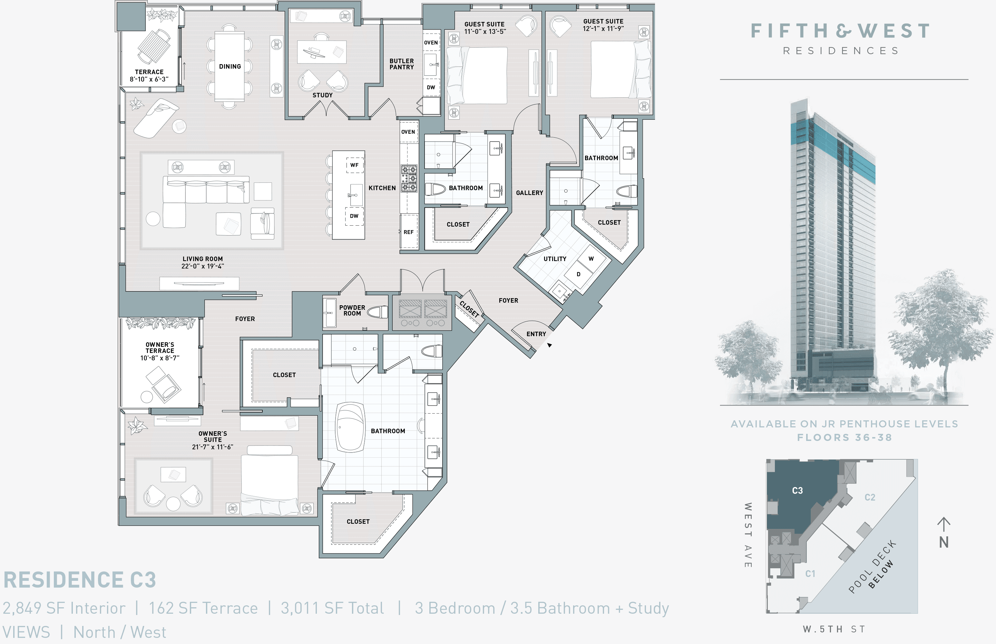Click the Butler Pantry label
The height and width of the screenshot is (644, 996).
pos(401,64)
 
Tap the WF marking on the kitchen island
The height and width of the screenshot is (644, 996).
pos(354,165)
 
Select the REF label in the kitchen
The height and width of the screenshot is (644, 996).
pos(408,232)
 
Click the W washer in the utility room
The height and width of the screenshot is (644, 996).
pos(591,259)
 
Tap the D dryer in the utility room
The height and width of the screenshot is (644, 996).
pos(578,274)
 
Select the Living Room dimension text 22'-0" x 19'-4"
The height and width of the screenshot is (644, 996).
pos(202,266)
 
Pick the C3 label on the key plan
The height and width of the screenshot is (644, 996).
pos(797,491)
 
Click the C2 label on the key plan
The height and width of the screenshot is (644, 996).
pos(870,497)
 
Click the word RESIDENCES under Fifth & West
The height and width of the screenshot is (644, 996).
pos(840,51)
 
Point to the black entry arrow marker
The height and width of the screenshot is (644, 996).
pos(550,345)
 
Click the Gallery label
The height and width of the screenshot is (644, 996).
pos(529,193)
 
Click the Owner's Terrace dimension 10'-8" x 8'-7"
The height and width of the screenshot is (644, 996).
pos(160,358)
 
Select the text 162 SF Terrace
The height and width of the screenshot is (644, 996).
pos(203,608)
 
